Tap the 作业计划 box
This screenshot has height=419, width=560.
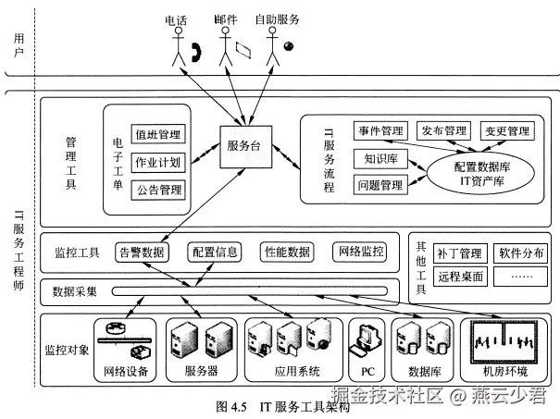[158, 162]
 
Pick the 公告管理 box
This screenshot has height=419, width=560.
[158, 191]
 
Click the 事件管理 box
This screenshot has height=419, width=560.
[379, 132]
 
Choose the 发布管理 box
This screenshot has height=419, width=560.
[442, 132]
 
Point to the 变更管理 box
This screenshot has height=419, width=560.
[505, 132]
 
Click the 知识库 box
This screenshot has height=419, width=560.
[380, 158]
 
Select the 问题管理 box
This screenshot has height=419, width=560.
[380, 186]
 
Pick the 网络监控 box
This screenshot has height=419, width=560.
[359, 251]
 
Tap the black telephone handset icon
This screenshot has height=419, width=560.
[196, 53]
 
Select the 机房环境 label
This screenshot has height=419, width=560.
[504, 372]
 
